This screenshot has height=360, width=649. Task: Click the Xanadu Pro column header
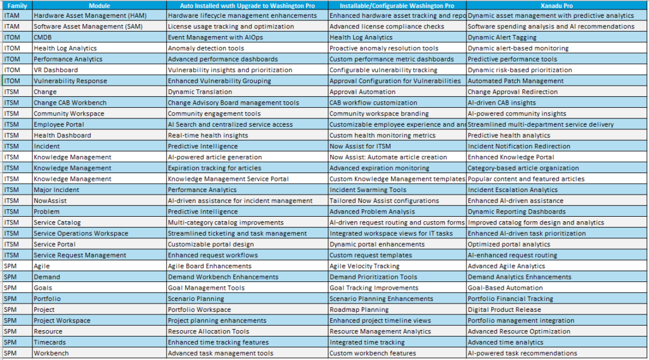[x=557, y=5]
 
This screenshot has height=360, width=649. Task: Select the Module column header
[x=98, y=5]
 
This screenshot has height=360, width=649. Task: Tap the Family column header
[x=16, y=5]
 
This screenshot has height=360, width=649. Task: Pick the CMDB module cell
[x=44, y=37]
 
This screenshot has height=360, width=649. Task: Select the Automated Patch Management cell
[x=506, y=81]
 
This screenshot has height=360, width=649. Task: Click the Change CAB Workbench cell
[x=70, y=103]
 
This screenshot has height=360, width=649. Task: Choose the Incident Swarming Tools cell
[x=368, y=190]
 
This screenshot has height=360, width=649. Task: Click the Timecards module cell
[x=50, y=342]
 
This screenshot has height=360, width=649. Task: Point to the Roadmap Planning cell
[x=359, y=310]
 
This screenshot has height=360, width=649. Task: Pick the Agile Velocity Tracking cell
[x=364, y=266]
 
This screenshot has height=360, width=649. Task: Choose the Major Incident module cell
[x=56, y=190]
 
